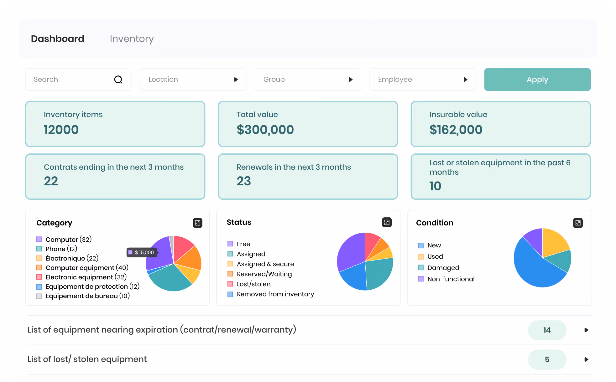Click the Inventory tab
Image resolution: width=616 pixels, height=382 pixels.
coord(132,39)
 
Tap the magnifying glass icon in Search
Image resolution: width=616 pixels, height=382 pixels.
coord(118,80)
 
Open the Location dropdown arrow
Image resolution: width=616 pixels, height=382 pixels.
coord(236,80)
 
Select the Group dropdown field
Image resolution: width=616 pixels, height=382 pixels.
coord(308,80)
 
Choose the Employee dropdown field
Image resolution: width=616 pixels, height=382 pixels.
coord(423,80)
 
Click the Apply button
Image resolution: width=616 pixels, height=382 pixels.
coord(537,80)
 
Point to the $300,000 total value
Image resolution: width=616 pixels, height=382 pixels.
coord(265,130)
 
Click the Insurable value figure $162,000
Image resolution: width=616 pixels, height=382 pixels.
coord(456,130)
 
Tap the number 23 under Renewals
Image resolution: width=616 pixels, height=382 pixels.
coord(244,181)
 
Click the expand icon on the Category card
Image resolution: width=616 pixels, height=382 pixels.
coord(197,223)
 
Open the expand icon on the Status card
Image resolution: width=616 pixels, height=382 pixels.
coord(387,222)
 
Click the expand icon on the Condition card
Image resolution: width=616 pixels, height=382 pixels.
coord(578,223)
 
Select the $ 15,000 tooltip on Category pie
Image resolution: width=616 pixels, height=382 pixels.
coord(142,252)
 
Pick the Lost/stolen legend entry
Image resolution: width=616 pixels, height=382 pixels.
coord(249,284)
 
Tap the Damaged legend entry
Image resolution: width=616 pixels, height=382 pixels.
coord(439,268)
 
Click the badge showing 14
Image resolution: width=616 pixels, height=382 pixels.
coord(547,330)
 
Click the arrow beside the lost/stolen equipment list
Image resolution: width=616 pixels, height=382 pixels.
coord(586,359)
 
